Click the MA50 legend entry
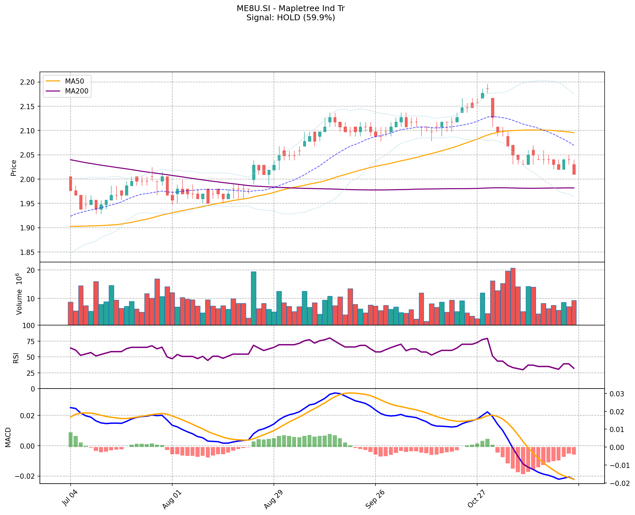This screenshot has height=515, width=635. pos(74,81)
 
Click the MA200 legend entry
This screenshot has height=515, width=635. pos(76,91)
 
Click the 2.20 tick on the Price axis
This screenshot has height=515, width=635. pos(27,82)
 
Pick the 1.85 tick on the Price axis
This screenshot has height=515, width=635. pos(27,252)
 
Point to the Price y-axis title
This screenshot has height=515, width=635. pos(14,168)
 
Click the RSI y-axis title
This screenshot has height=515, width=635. pos(16,357)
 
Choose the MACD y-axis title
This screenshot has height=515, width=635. pos(8,437)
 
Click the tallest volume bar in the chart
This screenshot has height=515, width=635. pos(513,296)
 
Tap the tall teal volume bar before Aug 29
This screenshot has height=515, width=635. pos(253,298)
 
